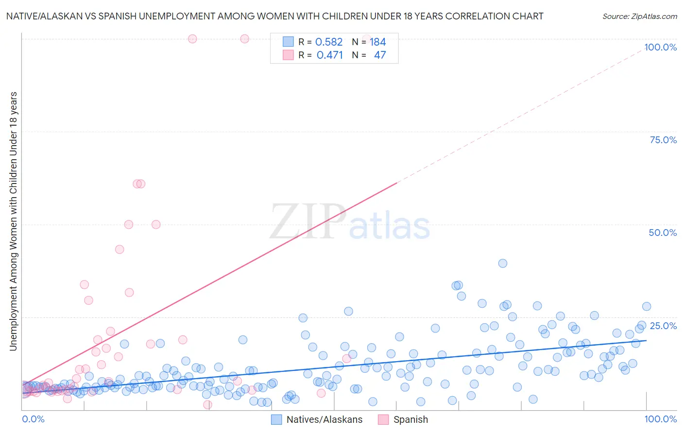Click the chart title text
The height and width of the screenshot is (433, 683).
click(274, 16)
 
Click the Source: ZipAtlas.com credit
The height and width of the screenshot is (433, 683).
click(639, 16)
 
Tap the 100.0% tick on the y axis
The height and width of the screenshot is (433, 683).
click(660, 47)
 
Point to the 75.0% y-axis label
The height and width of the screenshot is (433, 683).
click(663, 140)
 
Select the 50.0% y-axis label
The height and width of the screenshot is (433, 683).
click(663, 233)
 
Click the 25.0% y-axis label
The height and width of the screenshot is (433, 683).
click(663, 325)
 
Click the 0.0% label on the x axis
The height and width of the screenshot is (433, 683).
click(33, 419)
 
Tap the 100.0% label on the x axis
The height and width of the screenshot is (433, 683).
click(660, 419)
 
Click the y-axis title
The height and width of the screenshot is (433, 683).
click(14, 221)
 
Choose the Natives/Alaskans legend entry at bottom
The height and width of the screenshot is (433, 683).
click(324, 419)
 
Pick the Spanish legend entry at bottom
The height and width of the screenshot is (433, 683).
click(410, 419)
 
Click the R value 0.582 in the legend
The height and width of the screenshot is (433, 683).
click(329, 42)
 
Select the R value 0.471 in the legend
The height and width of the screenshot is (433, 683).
click(329, 55)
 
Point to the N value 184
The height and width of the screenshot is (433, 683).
click(377, 42)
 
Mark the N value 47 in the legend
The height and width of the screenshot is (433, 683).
click(380, 55)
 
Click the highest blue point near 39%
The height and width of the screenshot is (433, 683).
click(503, 263)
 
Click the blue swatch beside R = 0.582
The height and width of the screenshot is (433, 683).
click(288, 42)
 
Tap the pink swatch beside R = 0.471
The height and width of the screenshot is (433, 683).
click(288, 55)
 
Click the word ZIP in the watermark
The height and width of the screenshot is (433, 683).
click(307, 222)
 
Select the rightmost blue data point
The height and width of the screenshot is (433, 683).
click(647, 306)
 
